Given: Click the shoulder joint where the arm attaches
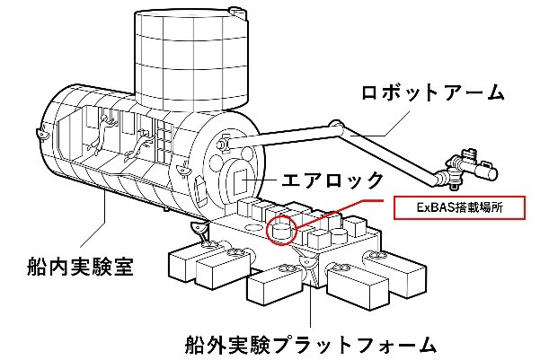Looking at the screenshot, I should pos(222,142).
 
